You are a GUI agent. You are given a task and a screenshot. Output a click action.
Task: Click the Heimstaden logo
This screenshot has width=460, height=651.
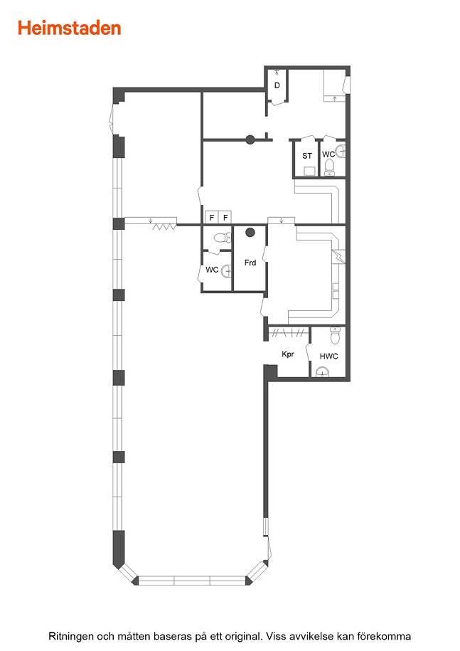pos(69,28)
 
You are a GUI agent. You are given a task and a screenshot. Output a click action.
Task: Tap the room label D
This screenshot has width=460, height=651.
pos(277,85)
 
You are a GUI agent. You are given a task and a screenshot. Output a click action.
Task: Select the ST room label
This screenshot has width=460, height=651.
pos(307,156)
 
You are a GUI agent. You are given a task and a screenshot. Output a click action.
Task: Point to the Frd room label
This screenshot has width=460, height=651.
pos(250,263)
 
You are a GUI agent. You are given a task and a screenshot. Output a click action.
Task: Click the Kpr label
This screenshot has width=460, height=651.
pos(288,354)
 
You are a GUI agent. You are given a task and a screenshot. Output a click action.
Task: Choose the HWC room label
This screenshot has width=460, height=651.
pos(329,356)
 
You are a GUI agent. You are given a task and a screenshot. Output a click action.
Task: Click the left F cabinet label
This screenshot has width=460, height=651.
pos(212,218)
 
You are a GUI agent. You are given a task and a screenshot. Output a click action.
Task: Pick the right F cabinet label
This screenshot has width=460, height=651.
pos(225,218)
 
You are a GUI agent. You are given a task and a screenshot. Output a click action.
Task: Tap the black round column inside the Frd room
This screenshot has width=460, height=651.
pos(250,233)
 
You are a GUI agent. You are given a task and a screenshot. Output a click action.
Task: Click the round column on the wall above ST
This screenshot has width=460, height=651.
pos(250,139)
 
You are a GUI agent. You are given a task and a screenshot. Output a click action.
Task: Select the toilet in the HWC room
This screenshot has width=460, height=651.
pos(335,336)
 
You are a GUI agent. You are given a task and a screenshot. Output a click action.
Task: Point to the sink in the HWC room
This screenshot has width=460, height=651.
pos(323,372)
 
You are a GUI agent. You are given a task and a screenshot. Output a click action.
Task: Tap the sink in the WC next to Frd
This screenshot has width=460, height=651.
pos(227,270)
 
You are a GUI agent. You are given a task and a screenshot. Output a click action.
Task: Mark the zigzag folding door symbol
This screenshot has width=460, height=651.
pos(164,227)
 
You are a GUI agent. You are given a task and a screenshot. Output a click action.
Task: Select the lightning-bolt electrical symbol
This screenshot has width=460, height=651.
pos(339,256)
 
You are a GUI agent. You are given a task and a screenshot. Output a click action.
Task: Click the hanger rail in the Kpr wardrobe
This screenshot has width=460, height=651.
pos(288,332)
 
